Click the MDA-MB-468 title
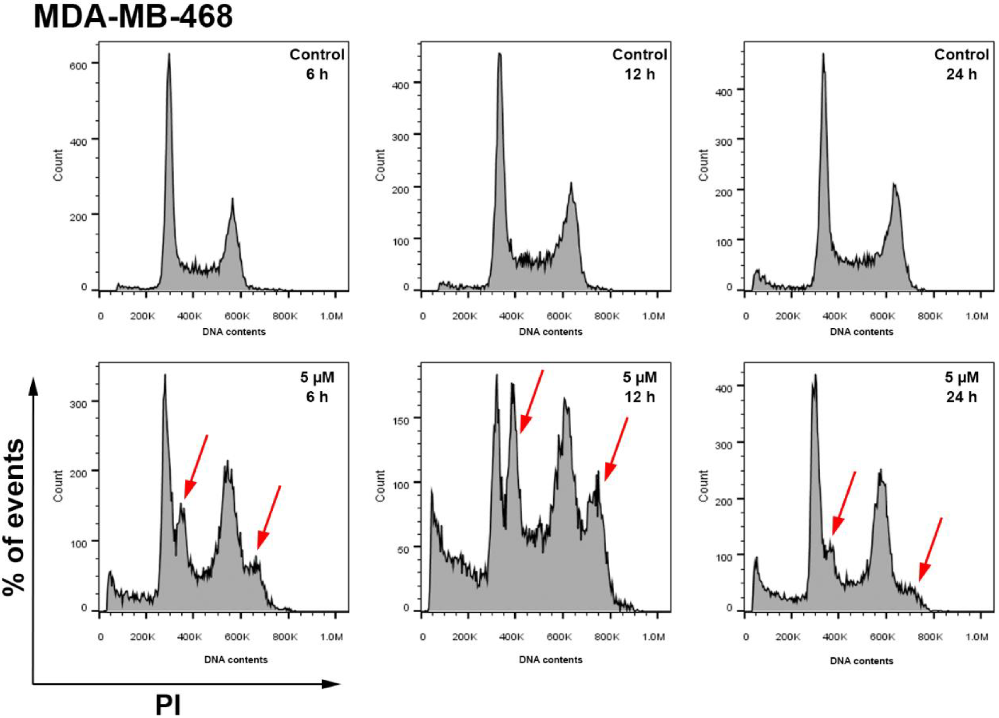(x=133, y=17)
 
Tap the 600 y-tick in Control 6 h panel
(x=78, y=66)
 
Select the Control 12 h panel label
(x=640, y=64)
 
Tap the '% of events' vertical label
(x=14, y=517)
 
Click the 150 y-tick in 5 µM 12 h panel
(x=400, y=421)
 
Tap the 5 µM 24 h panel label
(x=961, y=387)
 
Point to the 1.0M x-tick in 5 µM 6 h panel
(x=331, y=637)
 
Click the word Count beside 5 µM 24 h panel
(x=704, y=485)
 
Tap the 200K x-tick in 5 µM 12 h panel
(x=464, y=637)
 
